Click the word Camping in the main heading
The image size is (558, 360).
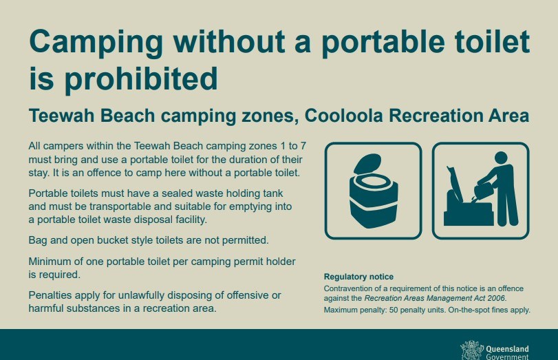tap(96, 43)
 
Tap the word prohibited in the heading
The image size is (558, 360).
tap(141, 80)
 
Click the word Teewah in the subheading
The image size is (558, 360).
tap(61, 116)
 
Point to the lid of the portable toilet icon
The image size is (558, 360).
tap(367, 163)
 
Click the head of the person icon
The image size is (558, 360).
tap(501, 158)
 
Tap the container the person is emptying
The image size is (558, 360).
tap(484, 191)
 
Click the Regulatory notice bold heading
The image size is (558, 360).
tap(358, 277)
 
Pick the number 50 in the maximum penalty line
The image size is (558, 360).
tap(394, 310)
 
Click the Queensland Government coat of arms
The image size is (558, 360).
tap(471, 351)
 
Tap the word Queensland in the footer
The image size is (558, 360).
tap(507, 349)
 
